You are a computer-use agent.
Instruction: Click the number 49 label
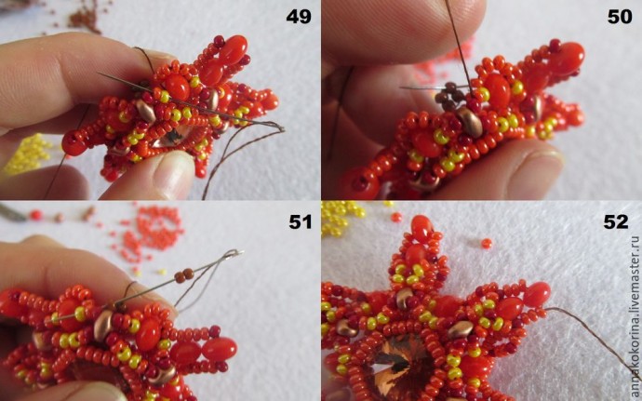coord(299,17)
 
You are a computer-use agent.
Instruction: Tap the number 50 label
coord(620,17)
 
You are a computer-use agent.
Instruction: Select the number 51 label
coord(301,221)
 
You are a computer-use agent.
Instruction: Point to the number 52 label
coord(615,221)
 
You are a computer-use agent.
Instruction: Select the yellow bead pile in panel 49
coord(27,154)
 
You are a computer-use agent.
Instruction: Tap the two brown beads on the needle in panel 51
coord(184,275)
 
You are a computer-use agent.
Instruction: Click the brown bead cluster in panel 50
coord(449,95)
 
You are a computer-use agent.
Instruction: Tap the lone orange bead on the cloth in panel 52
coord(487,244)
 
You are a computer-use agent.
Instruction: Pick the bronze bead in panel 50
coord(470,121)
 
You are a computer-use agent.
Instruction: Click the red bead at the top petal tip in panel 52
coord(421,228)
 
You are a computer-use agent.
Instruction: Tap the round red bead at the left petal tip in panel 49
coord(74,143)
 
